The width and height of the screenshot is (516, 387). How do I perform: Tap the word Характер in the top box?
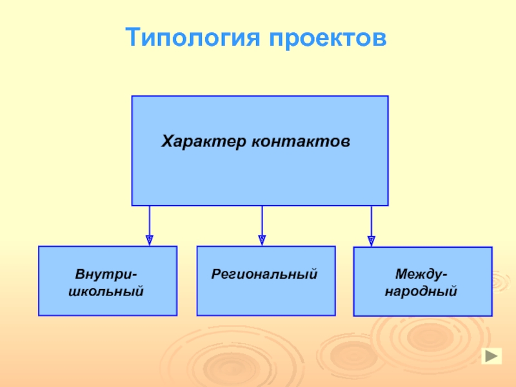coord(202,140)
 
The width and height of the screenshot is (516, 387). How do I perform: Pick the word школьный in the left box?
coord(106,291)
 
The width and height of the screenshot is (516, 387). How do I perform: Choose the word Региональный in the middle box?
coord(265,274)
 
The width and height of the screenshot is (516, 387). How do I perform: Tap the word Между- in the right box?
coord(422,275)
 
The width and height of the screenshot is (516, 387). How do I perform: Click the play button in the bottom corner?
coord(491,355)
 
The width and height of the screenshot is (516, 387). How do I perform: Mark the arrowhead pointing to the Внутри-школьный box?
coord(150,241)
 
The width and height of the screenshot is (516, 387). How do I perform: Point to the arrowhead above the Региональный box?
coord(262,240)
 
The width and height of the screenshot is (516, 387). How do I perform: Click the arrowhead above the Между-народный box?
coord(371,240)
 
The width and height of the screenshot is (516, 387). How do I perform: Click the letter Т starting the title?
coord(132,37)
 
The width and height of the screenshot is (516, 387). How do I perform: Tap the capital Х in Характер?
coord(166,140)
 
